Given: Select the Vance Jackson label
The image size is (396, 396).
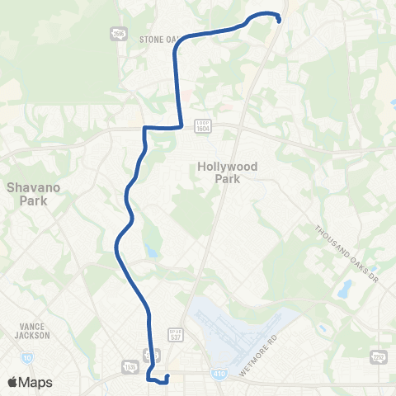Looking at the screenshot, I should click(x=33, y=331).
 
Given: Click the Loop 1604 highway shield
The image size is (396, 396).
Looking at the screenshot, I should click(x=204, y=124).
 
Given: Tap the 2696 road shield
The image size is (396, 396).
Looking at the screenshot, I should click(x=118, y=33).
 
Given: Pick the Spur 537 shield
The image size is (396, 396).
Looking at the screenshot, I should click(x=175, y=315).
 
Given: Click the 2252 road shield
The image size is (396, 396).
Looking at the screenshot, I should click(x=379, y=356).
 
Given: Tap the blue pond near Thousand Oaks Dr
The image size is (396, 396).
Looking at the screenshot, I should click(x=342, y=290).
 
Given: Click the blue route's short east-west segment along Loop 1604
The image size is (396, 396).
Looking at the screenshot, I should click(x=163, y=128).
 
